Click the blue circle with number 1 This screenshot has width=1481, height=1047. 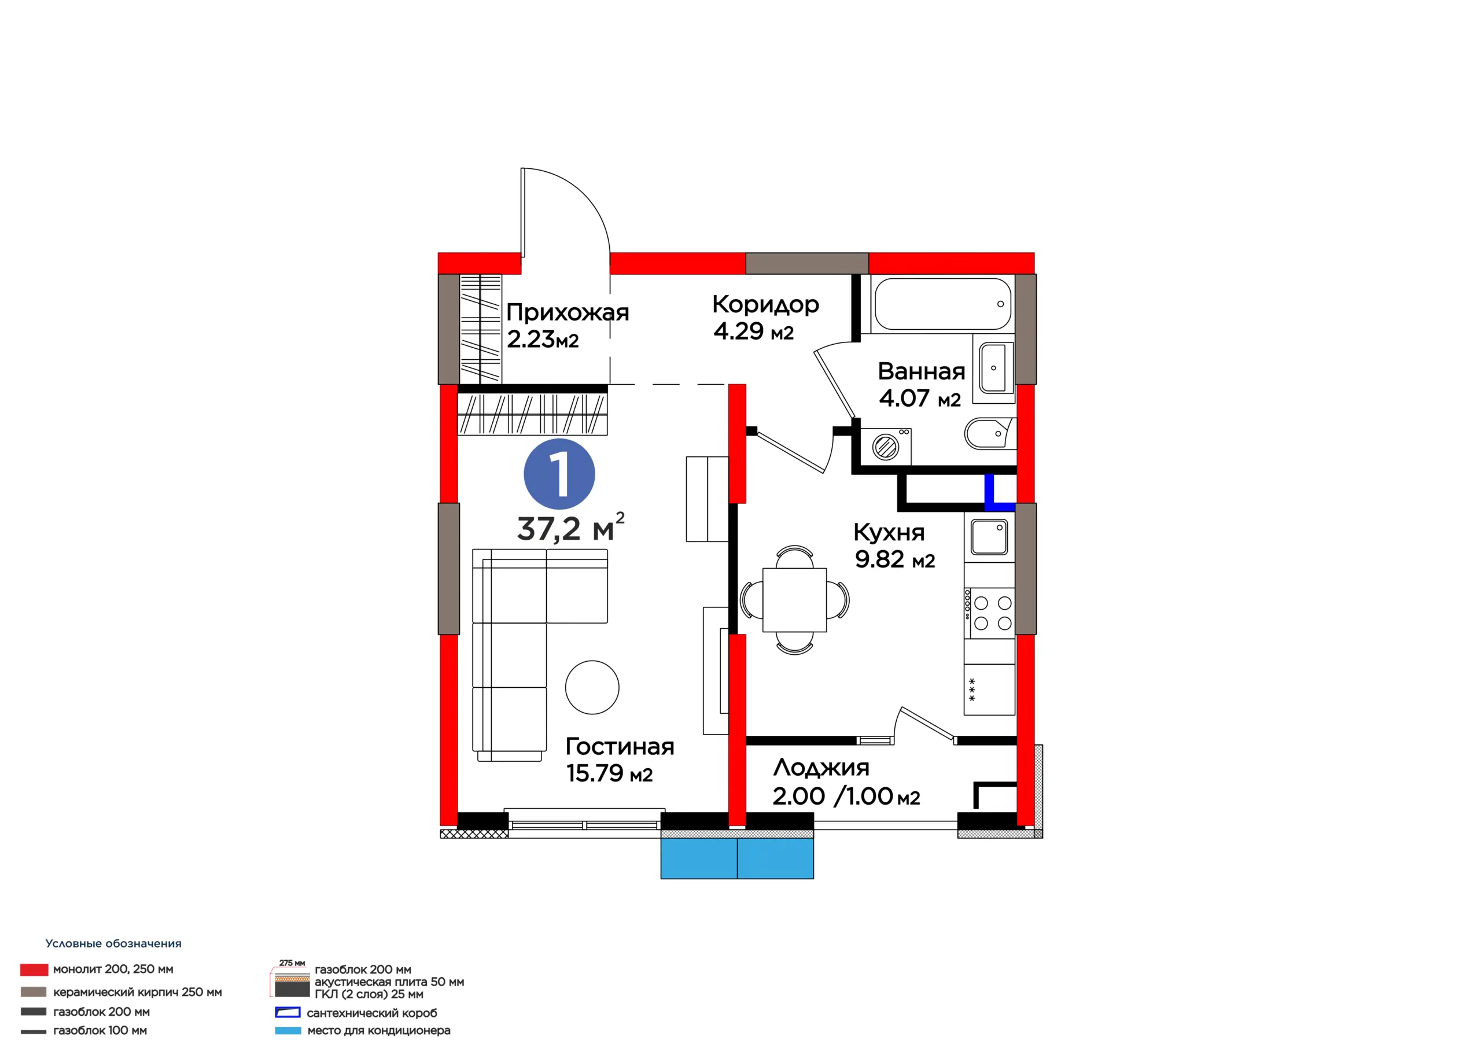tap(559, 474)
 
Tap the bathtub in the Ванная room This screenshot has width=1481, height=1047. tap(942, 304)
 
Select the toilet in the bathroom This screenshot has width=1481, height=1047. tap(990, 433)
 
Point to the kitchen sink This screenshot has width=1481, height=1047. tap(989, 537)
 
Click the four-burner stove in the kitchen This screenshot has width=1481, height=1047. tap(989, 613)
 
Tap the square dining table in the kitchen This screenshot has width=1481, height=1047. tap(794, 600)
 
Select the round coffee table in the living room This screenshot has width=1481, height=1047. tap(592, 687)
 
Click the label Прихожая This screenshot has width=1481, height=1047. tap(568, 312)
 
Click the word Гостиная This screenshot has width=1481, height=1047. tap(620, 746)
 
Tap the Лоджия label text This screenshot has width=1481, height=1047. tap(821, 768)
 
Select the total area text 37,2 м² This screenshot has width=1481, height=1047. tap(570, 528)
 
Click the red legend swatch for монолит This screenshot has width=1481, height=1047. tap(34, 969)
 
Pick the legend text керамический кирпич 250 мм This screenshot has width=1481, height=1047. tap(137, 992)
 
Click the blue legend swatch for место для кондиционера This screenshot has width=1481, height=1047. tap(288, 1031)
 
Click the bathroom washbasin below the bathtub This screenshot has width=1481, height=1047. tap(996, 368)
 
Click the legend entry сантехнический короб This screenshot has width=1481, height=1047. tap(371, 1013)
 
